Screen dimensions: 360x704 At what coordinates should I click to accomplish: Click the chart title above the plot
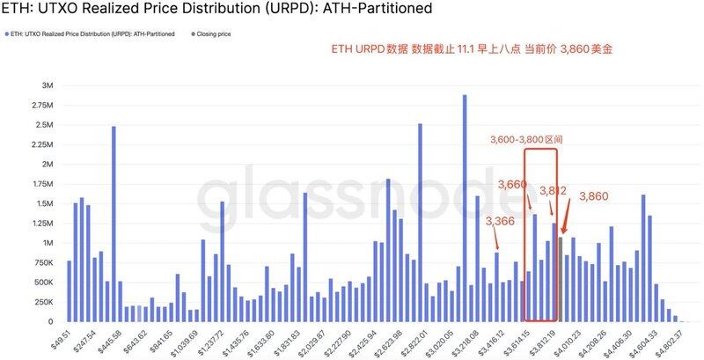[x=216, y=11]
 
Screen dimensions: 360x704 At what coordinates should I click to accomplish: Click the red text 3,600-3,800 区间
[x=527, y=139]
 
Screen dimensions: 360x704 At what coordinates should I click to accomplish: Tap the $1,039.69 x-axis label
[x=178, y=337]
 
